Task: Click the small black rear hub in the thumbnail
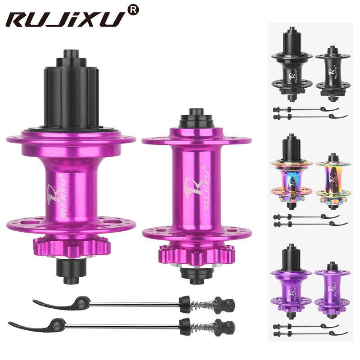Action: pyautogui.click(x=291, y=67)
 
